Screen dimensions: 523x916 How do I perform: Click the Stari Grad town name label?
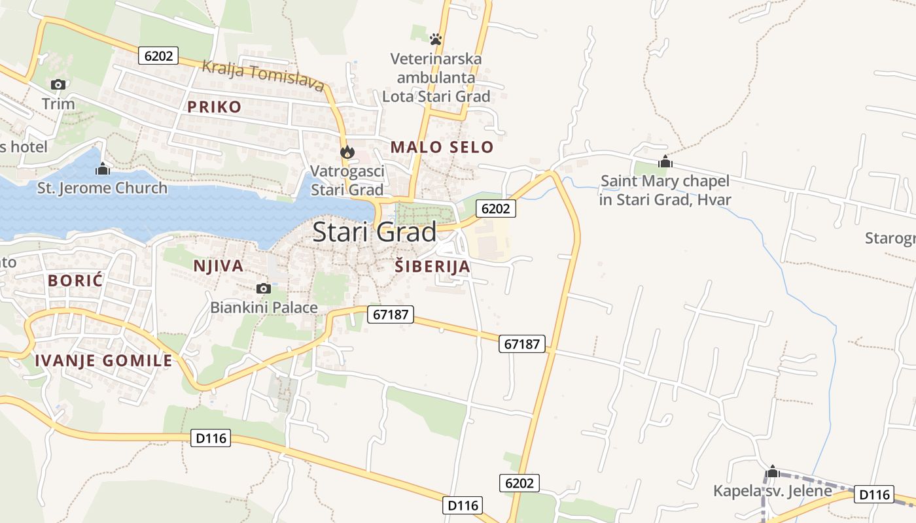tap(374, 232)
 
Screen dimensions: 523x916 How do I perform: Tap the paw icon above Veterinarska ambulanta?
tap(436, 39)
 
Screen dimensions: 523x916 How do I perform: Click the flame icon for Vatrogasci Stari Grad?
tap(347, 152)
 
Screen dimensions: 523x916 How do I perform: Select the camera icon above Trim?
tap(58, 84)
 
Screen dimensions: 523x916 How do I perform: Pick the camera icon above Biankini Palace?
tap(264, 288)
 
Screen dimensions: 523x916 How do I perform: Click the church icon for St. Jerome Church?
tap(103, 169)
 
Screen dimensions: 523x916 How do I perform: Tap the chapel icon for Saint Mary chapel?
tap(665, 161)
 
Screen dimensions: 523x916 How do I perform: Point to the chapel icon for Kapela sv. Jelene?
tap(773, 471)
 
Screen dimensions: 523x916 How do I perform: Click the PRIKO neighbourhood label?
tap(215, 107)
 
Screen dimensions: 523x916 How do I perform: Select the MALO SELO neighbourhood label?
tap(442, 147)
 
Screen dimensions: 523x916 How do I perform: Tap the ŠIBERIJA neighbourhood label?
tap(433, 266)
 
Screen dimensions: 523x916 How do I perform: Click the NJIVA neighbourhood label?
tap(219, 265)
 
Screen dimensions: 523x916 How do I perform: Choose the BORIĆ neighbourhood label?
tap(75, 280)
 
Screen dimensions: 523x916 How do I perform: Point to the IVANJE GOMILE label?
tap(103, 360)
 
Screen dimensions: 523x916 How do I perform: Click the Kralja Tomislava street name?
tap(263, 75)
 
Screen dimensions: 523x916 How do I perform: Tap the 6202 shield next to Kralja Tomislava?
tap(158, 56)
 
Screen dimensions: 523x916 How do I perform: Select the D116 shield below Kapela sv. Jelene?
tap(873, 494)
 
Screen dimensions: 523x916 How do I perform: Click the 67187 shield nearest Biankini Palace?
tap(391, 314)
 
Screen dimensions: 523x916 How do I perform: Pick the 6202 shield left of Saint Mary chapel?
tap(495, 209)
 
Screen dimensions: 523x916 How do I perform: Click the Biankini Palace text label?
tap(264, 307)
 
